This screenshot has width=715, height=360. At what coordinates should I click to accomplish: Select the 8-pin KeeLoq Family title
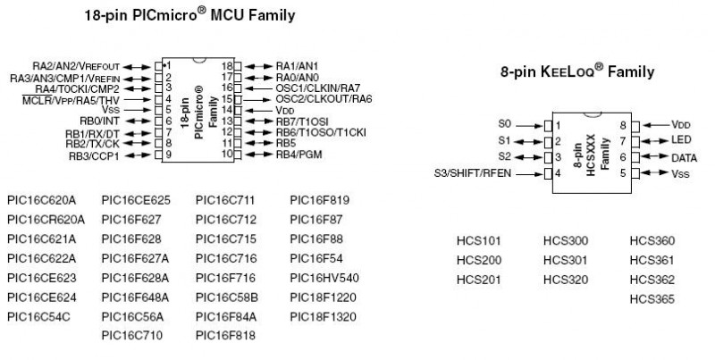577,71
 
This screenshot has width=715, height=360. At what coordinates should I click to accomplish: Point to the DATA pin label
685,156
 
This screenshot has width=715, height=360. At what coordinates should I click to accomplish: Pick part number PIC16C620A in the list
41,199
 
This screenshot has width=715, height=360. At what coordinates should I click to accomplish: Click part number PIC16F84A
226,316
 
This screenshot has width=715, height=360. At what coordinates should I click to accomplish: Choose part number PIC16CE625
135,199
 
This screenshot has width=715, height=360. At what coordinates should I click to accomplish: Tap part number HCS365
652,299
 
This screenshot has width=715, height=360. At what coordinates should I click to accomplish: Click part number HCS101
478,241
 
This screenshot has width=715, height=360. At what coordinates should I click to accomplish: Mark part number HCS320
566,280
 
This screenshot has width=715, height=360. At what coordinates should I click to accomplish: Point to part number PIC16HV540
324,277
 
